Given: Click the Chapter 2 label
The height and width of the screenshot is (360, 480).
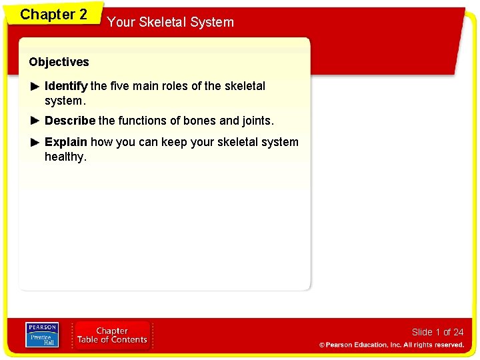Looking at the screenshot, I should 53,15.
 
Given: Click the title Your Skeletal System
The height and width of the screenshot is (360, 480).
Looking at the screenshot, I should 171,22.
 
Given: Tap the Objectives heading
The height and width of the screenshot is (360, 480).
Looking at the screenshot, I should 59,62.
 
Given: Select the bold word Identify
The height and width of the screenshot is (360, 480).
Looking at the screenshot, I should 66,86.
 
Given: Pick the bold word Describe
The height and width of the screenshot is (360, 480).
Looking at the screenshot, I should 69,121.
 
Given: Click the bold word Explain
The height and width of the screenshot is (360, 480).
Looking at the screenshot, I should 65,142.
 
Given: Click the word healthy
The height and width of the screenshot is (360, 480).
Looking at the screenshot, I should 65,157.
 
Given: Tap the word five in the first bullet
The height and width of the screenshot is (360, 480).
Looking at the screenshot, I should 120,86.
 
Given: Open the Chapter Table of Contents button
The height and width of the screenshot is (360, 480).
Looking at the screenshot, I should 112,335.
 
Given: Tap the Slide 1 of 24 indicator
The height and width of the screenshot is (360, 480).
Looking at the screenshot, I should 437,332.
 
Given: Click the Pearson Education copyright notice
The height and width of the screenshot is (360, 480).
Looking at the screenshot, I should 391,345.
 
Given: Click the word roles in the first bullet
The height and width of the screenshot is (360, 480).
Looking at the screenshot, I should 174,86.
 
